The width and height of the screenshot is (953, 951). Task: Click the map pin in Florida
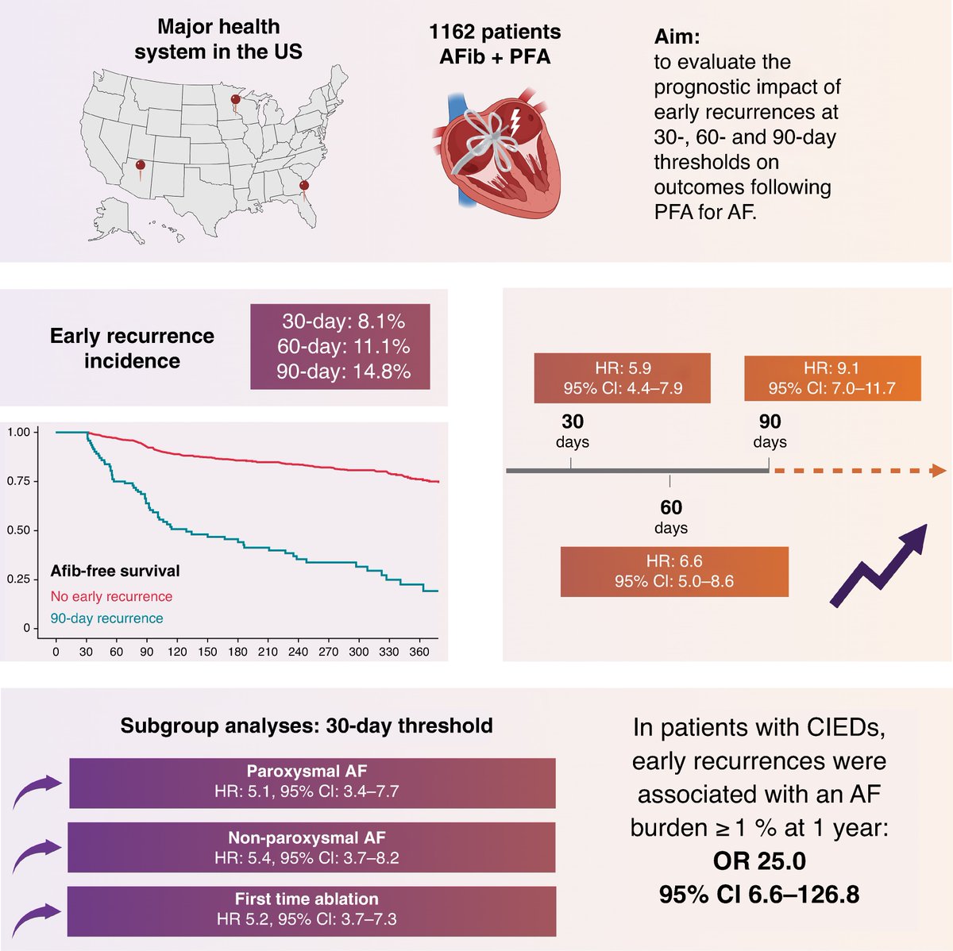coord(303,187)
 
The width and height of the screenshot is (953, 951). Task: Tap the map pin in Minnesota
coord(235,101)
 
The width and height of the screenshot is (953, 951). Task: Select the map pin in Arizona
coord(141,167)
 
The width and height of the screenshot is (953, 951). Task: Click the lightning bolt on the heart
coord(515,121)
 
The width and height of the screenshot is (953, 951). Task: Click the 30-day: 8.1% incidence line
coord(342,321)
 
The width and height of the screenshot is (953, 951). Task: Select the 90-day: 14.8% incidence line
coord(342,372)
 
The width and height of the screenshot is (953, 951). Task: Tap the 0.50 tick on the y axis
coord(18,530)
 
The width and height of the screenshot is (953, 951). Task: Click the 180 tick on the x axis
coord(237,652)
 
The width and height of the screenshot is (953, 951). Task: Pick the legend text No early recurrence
coord(111,596)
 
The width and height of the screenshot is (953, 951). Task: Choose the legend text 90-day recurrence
coord(106,618)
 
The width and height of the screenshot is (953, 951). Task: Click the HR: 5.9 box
coord(622,379)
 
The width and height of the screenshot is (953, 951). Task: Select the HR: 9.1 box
coord(831,379)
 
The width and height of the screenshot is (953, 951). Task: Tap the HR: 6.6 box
coord(674,572)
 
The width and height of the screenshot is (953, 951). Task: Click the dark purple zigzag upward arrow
coord(879,565)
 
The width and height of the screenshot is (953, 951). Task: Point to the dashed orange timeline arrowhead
coord(938,472)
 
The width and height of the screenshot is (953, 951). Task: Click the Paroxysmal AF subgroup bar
coord(311,782)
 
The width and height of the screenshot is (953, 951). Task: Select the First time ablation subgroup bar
coord(311,910)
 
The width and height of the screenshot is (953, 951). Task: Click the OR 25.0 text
coord(758,861)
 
